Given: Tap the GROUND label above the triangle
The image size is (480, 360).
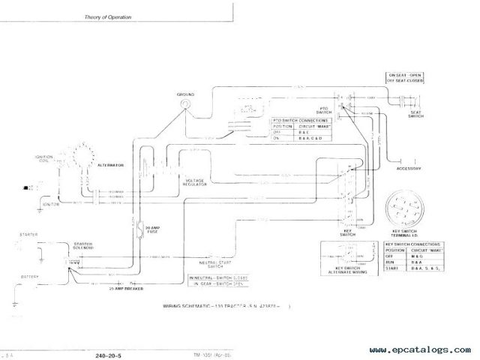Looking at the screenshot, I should (185, 94).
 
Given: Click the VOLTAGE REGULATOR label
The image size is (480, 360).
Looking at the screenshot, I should (193, 182).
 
